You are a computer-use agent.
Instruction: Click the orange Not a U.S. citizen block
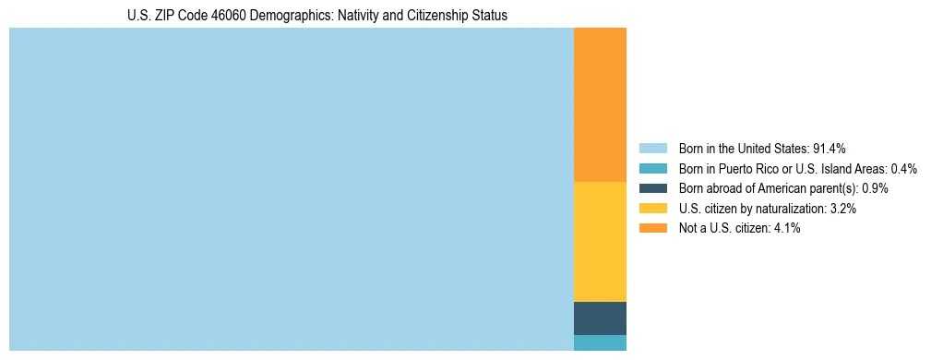point(600,104)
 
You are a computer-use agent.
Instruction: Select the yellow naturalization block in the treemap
point(600,241)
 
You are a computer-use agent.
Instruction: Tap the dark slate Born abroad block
point(600,318)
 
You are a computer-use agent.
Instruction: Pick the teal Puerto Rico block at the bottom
point(600,342)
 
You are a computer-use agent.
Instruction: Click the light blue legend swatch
point(652,148)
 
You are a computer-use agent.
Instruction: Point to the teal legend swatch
point(652,168)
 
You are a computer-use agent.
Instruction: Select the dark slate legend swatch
point(652,188)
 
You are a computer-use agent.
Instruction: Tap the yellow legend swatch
point(652,209)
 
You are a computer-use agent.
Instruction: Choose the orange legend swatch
point(652,229)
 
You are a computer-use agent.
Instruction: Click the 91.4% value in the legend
point(829,148)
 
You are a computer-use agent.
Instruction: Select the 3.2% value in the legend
point(842,209)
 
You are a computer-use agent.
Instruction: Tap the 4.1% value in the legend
point(786,229)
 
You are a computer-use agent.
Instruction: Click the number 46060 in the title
point(211,16)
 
